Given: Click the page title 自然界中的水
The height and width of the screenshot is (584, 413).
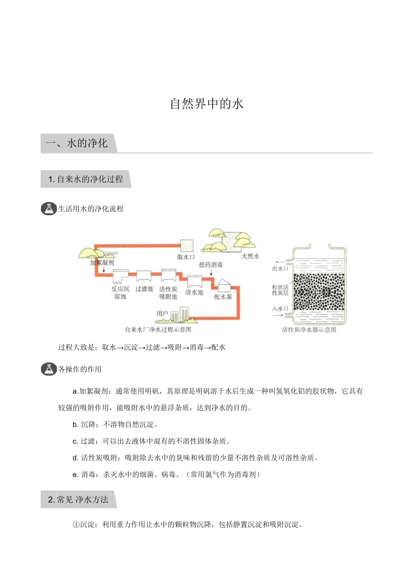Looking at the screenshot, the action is click(206, 104).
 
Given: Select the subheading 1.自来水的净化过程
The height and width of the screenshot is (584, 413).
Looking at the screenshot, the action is click(86, 179).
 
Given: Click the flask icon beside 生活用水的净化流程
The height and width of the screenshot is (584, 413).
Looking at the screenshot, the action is click(49, 209).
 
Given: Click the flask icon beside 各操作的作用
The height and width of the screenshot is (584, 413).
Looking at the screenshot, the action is click(49, 369).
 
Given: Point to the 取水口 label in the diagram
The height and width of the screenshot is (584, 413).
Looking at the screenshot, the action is click(186, 257).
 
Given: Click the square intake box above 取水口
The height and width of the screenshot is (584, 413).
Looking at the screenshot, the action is click(187, 245).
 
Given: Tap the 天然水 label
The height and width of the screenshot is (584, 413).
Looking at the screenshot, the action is click(250, 256).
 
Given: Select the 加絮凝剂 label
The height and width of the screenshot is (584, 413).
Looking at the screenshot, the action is click(102, 263).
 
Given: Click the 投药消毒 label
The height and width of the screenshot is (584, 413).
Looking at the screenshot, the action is click(211, 264).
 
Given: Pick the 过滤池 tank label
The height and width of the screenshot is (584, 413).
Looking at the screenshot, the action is click(144, 289).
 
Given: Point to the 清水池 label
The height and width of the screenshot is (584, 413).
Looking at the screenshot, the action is click(194, 292).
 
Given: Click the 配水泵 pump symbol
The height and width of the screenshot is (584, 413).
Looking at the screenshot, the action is click(224, 285).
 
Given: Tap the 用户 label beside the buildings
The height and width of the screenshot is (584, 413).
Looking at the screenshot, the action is click(162, 313).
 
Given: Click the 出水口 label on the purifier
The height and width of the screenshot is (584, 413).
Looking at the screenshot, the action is click(280, 268).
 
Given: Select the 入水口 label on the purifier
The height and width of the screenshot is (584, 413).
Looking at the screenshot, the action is click(280, 308).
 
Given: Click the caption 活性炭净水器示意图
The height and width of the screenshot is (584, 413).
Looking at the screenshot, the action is click(309, 330).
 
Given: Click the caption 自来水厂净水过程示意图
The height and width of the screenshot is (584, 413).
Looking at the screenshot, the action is click(158, 330).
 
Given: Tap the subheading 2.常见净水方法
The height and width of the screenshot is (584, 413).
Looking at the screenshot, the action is click(78, 500).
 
